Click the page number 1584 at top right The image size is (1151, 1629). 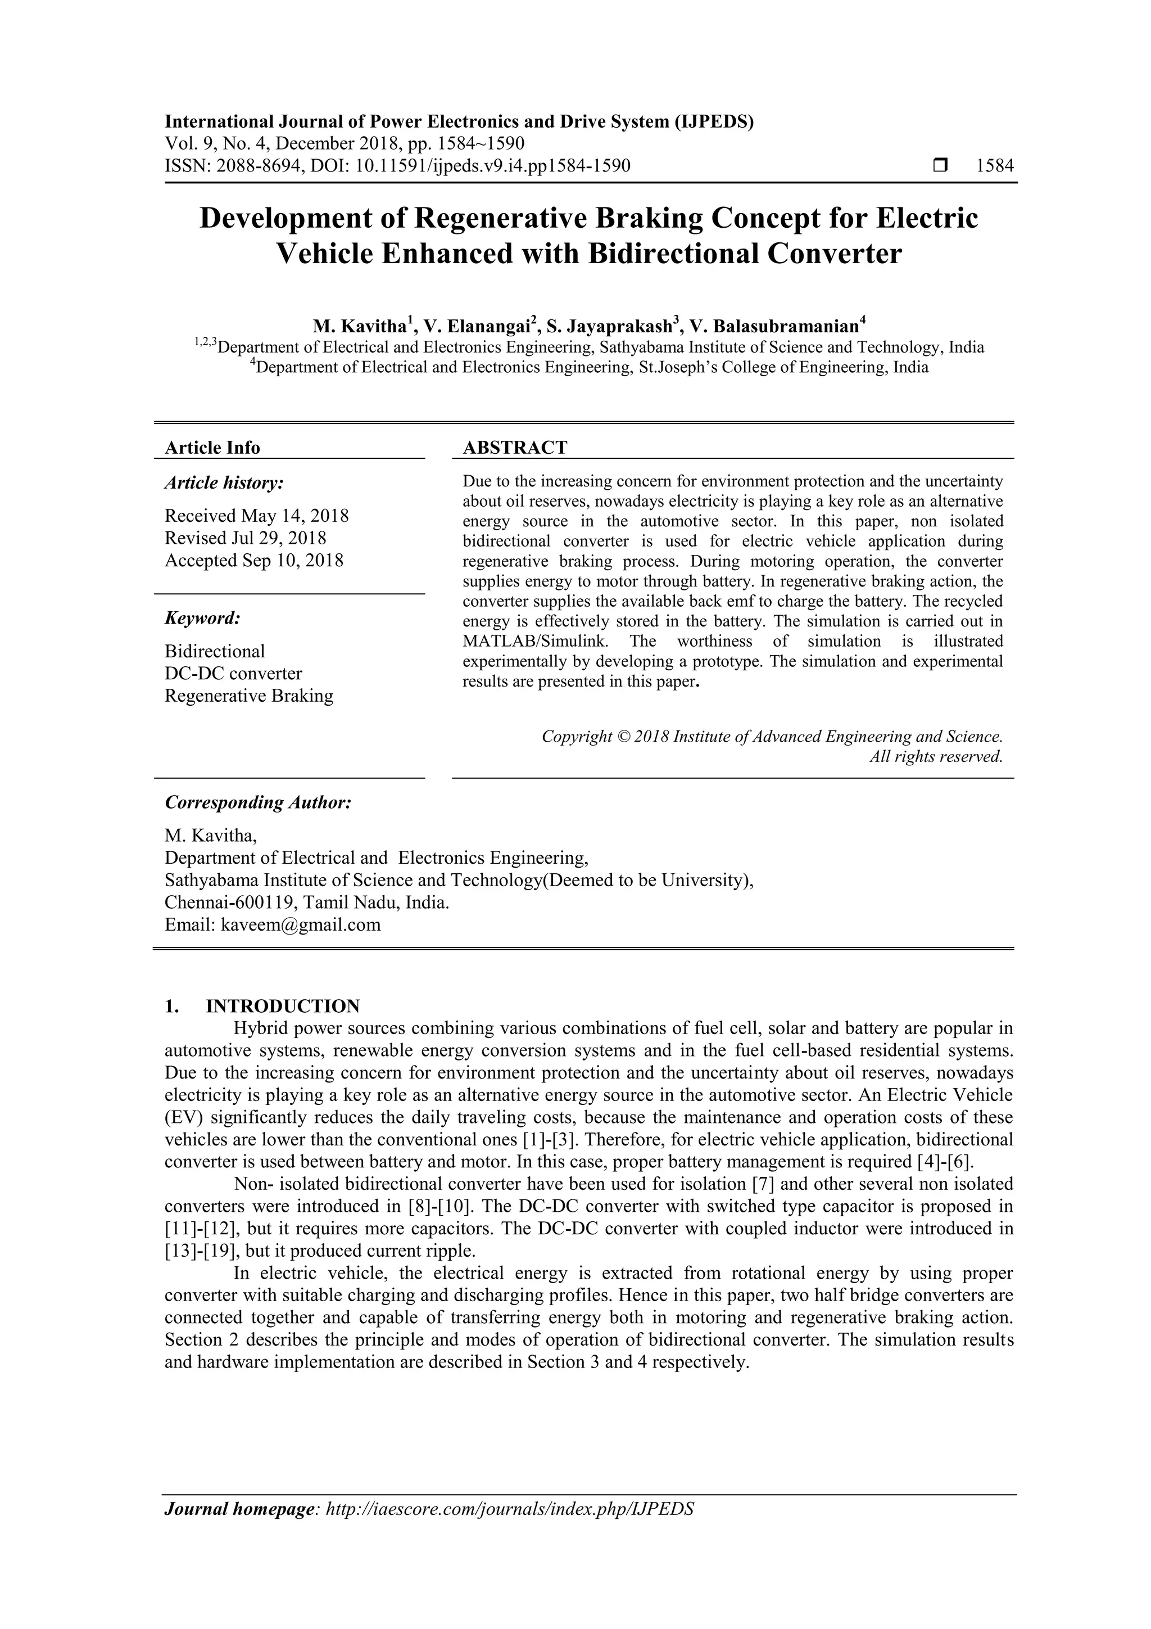pos(994,166)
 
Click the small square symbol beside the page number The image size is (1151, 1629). pos(940,166)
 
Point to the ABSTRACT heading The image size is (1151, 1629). pos(515,448)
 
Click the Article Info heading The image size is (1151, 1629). pos(212,448)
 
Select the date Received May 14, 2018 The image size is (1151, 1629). pos(257,516)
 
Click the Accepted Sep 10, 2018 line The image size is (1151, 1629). pos(254,561)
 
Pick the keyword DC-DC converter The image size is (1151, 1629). pos(233,673)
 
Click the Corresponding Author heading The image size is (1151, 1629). pos(258,802)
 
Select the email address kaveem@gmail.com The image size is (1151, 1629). pos(301,925)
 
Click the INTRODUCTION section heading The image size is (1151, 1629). pos(282,1006)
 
